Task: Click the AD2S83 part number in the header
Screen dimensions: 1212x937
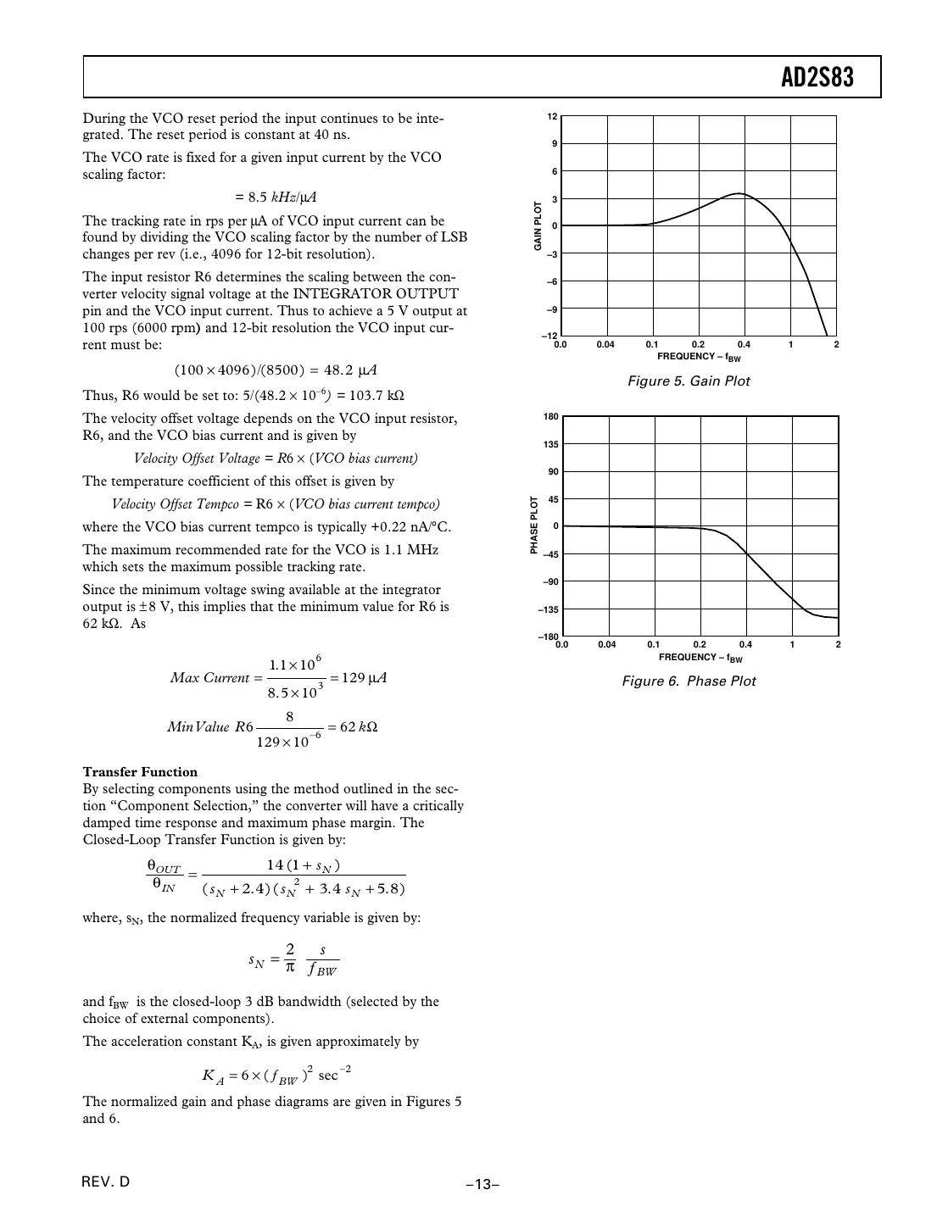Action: (817, 78)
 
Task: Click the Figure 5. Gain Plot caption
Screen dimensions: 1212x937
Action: (689, 381)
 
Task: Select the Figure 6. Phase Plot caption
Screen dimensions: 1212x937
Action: (689, 681)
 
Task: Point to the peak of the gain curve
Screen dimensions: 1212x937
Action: (739, 194)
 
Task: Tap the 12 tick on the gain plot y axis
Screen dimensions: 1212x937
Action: (552, 116)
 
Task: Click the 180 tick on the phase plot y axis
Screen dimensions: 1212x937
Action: (550, 417)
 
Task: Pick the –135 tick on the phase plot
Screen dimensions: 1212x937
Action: (549, 609)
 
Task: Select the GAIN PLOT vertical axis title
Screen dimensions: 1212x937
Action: (538, 225)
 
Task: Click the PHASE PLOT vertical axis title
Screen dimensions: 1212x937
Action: (534, 525)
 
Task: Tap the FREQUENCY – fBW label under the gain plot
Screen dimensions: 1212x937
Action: (698, 357)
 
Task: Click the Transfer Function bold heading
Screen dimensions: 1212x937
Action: (140, 772)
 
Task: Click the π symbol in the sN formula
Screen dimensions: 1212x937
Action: (289, 967)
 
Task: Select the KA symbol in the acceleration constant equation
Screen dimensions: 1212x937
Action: (213, 1076)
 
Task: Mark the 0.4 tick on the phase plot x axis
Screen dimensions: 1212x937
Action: (745, 645)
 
